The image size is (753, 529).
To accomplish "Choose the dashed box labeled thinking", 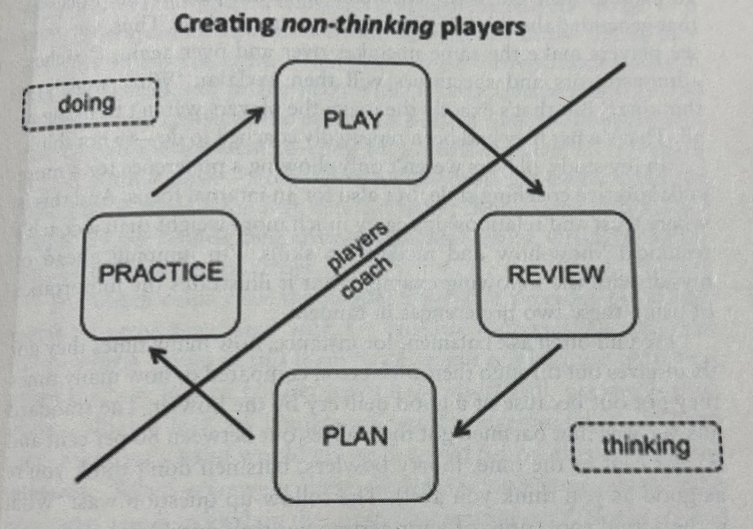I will (x=646, y=447).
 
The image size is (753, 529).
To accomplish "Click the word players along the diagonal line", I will (x=358, y=248).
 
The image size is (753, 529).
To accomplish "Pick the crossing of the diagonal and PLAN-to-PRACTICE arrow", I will (x=195, y=389).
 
